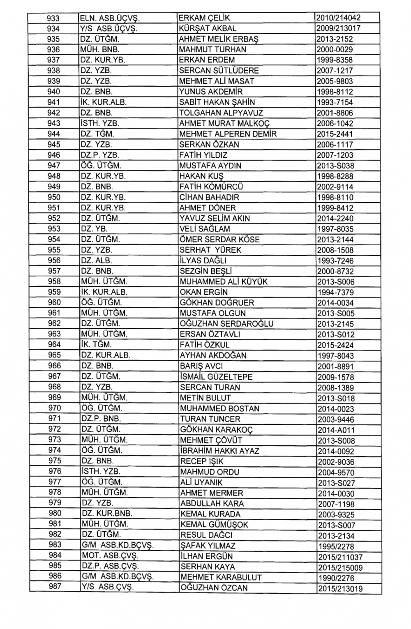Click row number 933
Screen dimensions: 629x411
[53, 18]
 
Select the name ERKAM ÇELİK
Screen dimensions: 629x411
[204, 18]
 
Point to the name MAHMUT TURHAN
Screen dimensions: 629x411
[212, 50]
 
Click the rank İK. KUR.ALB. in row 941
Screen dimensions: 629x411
[104, 102]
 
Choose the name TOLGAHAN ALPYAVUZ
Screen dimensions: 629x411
[221, 113]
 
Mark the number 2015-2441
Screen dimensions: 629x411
[335, 134]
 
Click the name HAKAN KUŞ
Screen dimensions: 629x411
[201, 176]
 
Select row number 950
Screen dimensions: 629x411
[54, 197]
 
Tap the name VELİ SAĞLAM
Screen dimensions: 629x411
[205, 229]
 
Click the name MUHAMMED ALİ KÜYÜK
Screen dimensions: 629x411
[224, 281]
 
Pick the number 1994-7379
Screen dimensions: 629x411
[335, 293]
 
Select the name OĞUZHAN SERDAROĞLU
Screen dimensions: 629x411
[226, 324]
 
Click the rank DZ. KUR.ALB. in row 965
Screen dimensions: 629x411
[106, 355]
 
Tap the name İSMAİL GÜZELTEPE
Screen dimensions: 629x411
[216, 377]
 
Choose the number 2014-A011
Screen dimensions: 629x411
[336, 430]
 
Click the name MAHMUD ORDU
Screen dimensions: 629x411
[210, 472]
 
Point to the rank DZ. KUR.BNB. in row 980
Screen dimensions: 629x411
[106, 514]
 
